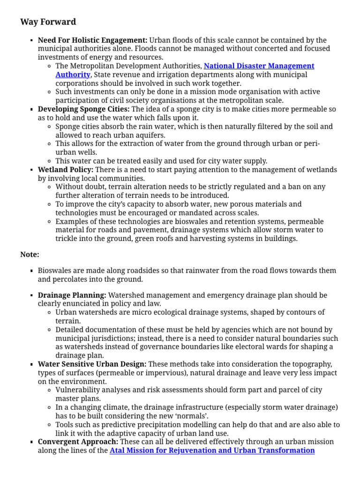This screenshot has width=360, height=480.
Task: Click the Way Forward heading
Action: tap(48, 22)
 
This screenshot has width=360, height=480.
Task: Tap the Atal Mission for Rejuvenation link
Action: tap(212, 450)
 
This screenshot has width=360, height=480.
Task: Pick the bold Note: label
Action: tap(30, 255)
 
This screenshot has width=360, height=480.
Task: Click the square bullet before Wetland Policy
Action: tap(31, 170)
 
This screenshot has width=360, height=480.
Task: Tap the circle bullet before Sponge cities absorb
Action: tap(50, 127)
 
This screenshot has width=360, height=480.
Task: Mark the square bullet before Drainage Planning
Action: tap(31, 296)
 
